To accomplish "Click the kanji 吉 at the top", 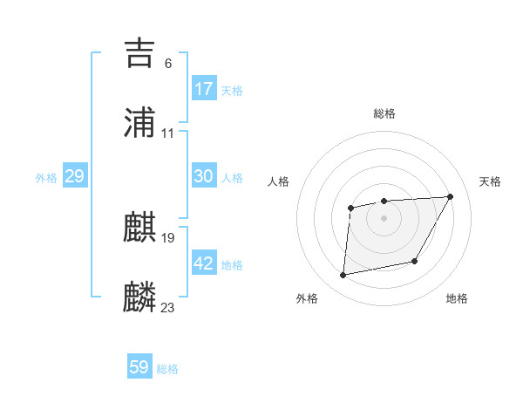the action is (140, 53).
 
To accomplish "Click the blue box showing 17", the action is (204, 89).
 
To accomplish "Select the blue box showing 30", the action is (204, 176).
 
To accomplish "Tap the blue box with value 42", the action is (204, 263).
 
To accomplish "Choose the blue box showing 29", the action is (74, 176).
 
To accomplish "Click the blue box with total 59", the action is (139, 367).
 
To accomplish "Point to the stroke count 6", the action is (167, 64).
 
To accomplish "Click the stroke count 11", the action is (168, 133).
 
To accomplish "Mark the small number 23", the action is (168, 308).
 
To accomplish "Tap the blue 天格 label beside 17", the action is (232, 91).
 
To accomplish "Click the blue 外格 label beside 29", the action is (46, 178).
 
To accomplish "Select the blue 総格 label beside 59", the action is (167, 369).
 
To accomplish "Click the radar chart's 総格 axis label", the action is (384, 113).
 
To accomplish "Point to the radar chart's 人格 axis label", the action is (279, 181).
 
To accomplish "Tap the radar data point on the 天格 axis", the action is (450, 196).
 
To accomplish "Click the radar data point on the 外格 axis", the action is (343, 275).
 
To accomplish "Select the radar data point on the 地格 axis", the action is (415, 261).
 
